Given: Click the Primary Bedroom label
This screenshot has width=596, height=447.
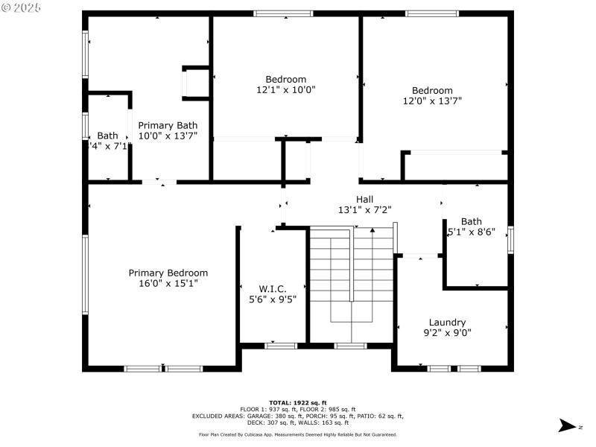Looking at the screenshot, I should (168, 273).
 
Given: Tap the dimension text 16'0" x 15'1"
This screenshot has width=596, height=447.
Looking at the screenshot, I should (168, 283).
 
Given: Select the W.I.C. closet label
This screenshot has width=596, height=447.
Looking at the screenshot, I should (273, 288).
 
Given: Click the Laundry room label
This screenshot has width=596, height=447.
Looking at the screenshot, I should (447, 322).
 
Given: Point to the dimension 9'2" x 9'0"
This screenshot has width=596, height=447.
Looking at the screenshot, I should (447, 332).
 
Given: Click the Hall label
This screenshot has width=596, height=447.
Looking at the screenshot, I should (364, 199).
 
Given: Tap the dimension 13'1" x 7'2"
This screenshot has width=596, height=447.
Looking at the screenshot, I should (364, 209).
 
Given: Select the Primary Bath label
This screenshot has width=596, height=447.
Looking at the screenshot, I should (168, 125).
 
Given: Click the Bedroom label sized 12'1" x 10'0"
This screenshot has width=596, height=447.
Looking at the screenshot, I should (286, 79).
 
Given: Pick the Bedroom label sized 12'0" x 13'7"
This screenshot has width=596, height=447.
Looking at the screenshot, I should (432, 90).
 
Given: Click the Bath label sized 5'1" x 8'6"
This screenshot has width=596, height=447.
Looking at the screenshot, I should (471, 221).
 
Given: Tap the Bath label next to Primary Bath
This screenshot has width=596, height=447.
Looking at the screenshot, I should (107, 136).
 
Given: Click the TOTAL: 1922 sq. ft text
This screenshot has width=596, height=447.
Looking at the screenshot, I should (298, 402).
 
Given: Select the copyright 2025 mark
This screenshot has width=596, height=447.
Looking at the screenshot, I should (22, 7).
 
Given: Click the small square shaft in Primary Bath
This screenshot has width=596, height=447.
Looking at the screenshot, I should (197, 82).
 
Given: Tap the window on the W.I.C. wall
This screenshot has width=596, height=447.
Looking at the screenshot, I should (281, 346).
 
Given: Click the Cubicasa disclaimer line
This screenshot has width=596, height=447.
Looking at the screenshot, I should (298, 434).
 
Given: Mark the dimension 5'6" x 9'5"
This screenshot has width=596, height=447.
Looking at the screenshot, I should (273, 299).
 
